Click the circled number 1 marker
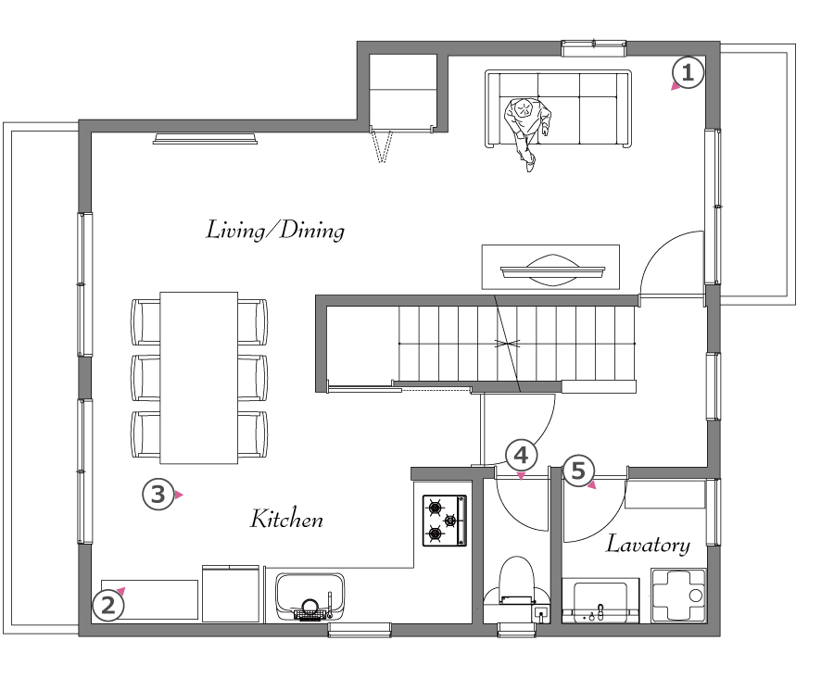point(688,73)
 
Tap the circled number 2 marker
point(108,606)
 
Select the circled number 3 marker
point(158,495)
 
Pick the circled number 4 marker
point(521,456)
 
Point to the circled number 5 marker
point(578,471)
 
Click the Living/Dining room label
point(275,231)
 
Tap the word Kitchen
point(286,519)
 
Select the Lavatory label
point(649,545)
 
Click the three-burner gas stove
point(445,521)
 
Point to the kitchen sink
point(310,596)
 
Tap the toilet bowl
point(517,583)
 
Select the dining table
point(199,378)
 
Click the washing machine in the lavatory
point(678,595)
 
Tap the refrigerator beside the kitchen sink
point(231,594)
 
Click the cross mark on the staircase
point(508,343)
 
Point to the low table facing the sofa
point(550,267)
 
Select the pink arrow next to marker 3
point(179,496)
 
